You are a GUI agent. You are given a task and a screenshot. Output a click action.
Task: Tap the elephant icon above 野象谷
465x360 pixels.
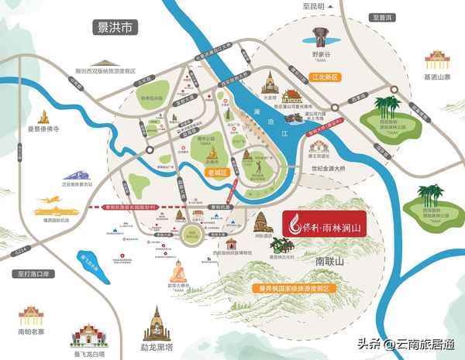point(321,36)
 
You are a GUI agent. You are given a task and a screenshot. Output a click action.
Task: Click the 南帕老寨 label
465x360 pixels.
point(30,332)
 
